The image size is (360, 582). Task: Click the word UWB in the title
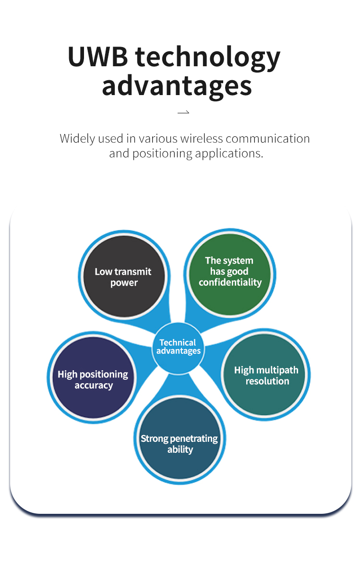point(98,57)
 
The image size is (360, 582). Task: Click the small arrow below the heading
point(183,113)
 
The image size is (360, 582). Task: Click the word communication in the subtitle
point(267,139)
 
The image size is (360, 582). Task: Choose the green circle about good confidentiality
point(230,274)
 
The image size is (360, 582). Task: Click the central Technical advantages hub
point(178,347)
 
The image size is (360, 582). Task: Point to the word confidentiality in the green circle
point(230,282)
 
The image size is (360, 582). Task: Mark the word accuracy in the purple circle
point(94,385)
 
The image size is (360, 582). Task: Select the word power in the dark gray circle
point(124,283)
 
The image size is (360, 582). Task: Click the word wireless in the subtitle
point(202,139)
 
